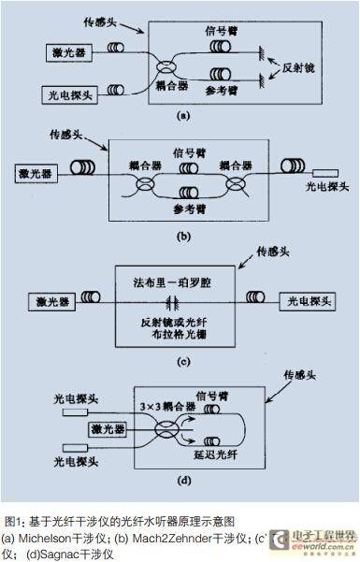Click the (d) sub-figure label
[184, 481]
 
